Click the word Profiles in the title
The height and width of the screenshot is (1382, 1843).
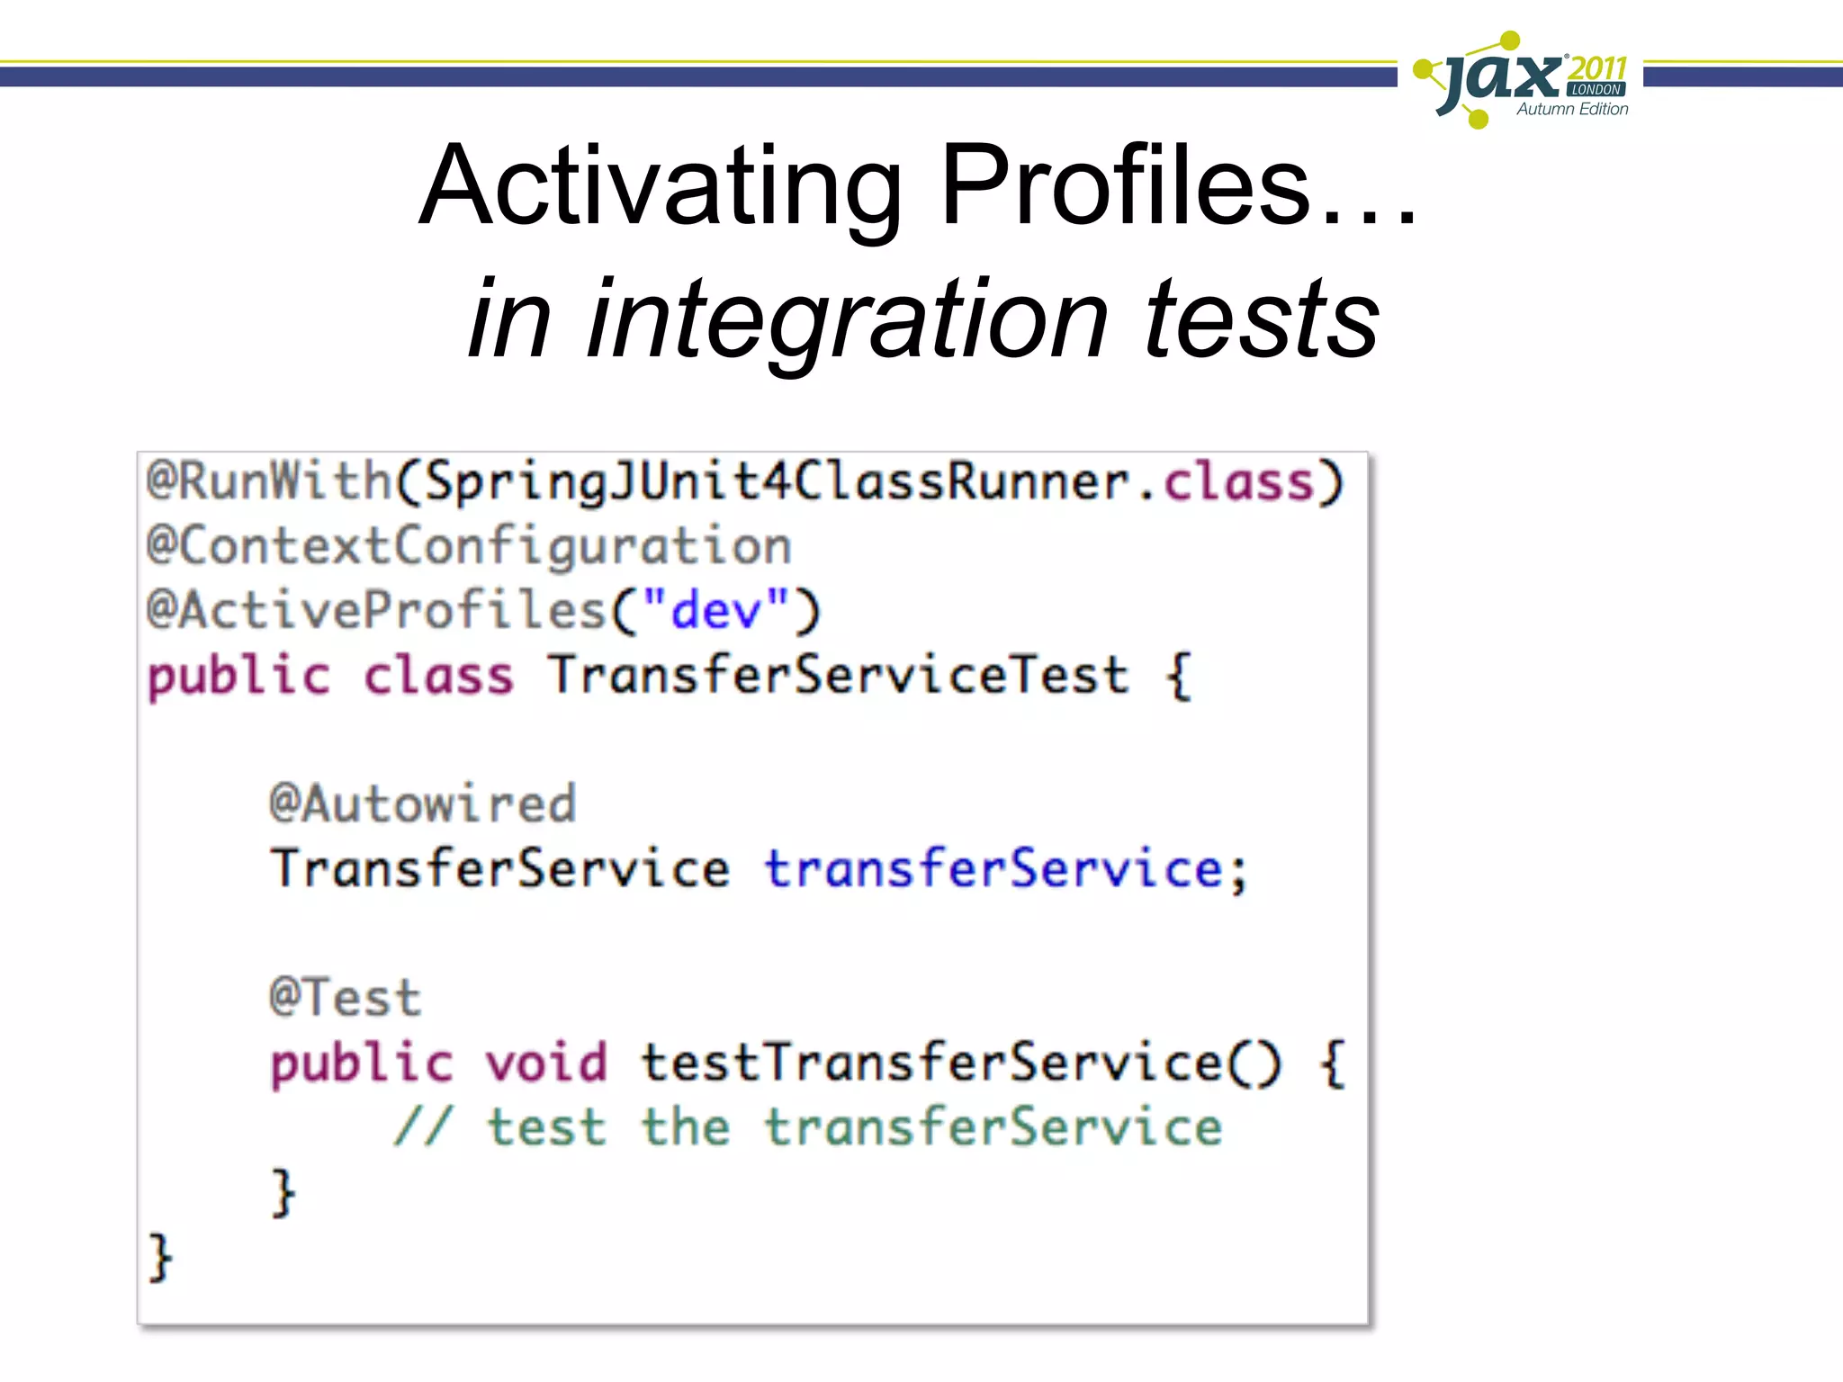pyautogui.click(x=1125, y=186)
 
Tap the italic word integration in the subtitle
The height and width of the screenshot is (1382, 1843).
pyautogui.click(x=847, y=319)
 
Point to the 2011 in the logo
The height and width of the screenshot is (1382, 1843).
pyautogui.click(x=1597, y=67)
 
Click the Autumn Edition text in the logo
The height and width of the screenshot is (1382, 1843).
pyautogui.click(x=1572, y=109)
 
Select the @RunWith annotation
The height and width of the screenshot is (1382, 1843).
pyautogui.click(x=268, y=480)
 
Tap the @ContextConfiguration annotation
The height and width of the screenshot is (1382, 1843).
pyautogui.click(x=469, y=546)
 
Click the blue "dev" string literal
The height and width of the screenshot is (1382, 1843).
pyautogui.click(x=716, y=611)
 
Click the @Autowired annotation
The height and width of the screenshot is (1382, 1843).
pyautogui.click(x=422, y=803)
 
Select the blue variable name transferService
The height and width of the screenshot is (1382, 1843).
pyautogui.click(x=993, y=869)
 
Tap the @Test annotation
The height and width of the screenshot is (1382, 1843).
pyautogui.click(x=345, y=998)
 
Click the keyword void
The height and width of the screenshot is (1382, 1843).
pyautogui.click(x=546, y=1063)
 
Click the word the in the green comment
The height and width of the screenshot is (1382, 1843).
pyautogui.click(x=685, y=1127)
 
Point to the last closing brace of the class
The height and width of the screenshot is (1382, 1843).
pyautogui.click(x=160, y=1257)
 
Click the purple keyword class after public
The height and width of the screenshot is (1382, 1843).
pyautogui.click(x=438, y=676)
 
